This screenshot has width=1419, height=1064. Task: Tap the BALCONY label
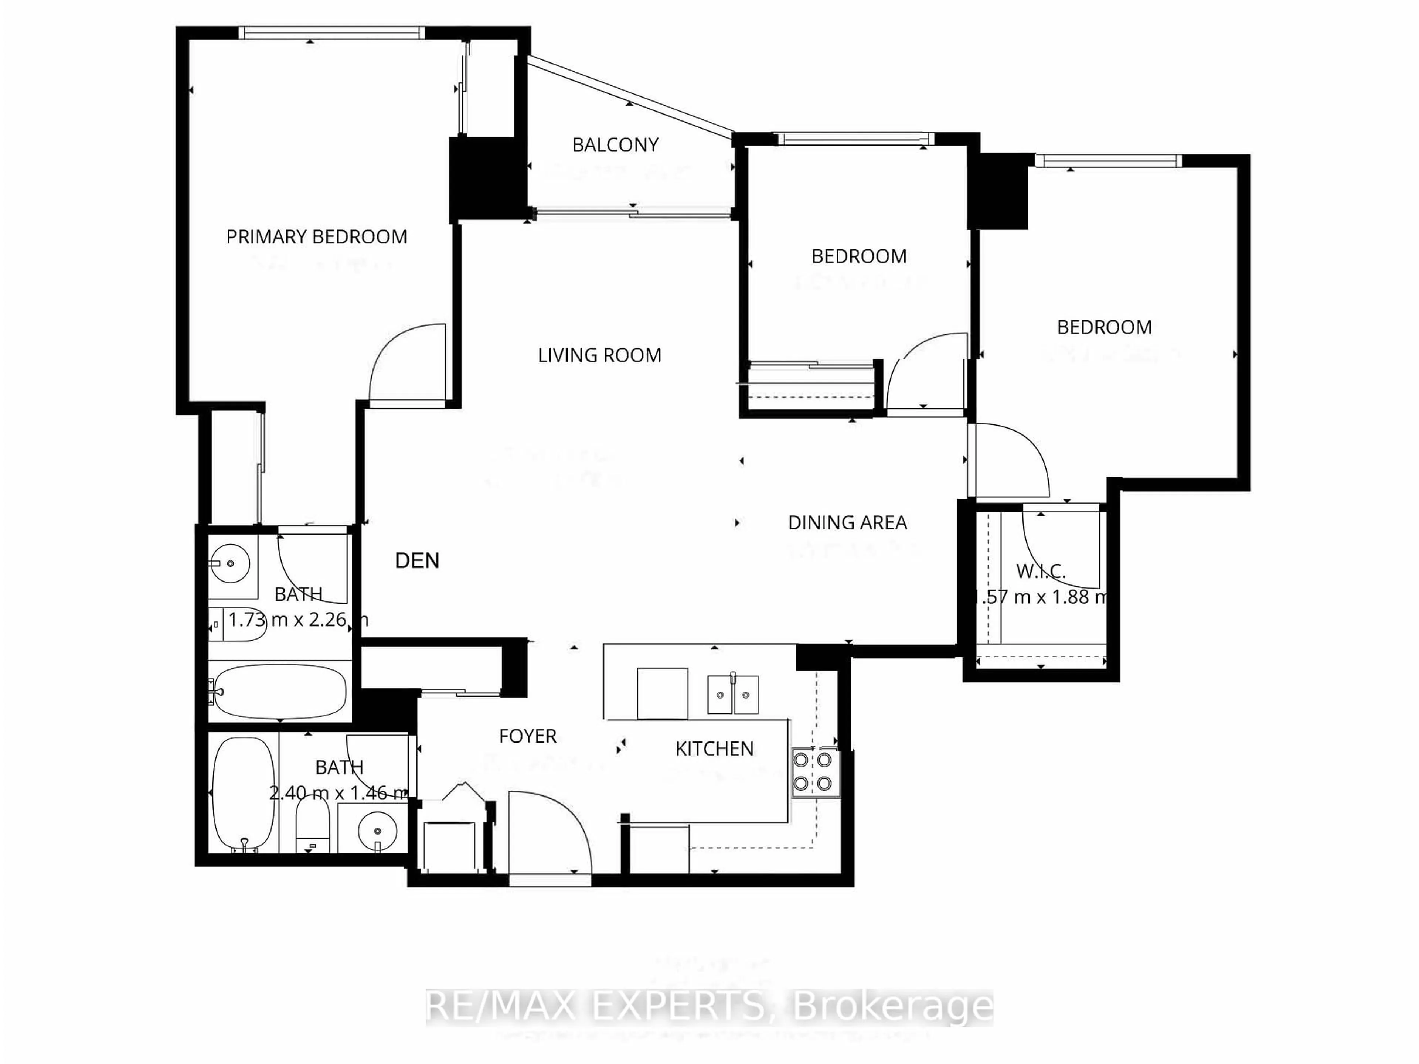click(x=615, y=145)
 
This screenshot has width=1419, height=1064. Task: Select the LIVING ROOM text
click(x=599, y=355)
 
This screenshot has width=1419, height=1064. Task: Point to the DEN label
click(x=417, y=560)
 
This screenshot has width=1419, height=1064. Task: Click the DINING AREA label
click(x=847, y=523)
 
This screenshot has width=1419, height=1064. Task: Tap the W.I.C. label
click(x=1041, y=571)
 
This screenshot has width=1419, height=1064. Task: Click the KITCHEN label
click(x=714, y=748)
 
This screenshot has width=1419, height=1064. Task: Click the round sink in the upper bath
click(x=229, y=564)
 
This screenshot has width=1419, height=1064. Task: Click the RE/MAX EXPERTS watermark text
click(x=709, y=1006)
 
